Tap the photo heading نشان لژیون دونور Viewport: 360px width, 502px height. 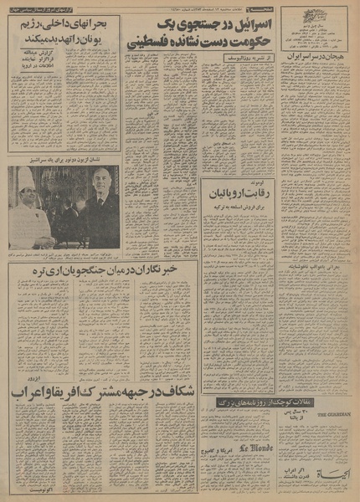point(64,159)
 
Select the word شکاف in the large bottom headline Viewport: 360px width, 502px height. point(183,392)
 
